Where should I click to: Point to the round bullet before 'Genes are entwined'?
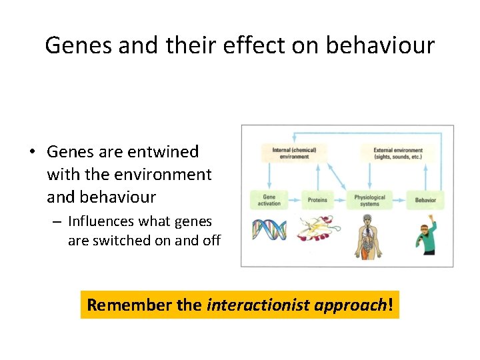32,153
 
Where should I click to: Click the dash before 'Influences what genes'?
58,221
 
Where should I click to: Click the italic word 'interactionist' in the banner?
251,305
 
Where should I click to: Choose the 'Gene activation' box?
269,199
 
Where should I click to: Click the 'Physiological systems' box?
369,199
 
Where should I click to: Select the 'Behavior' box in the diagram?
425,199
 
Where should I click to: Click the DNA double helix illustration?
269,231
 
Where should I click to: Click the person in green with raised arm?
427,237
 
